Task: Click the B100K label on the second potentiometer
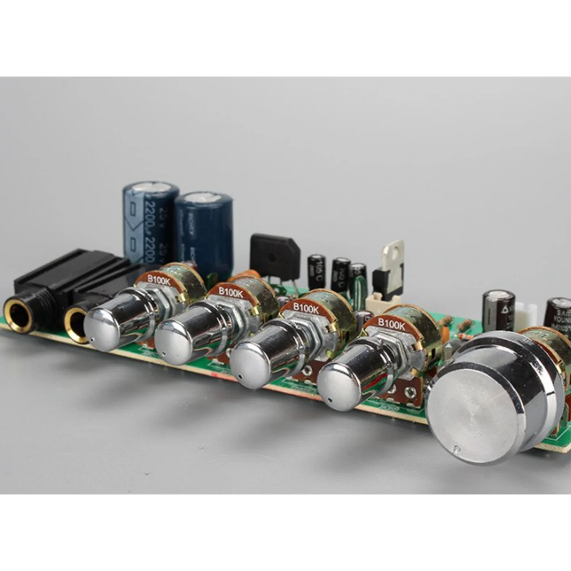[230, 293]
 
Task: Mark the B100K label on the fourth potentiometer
[391, 324]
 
